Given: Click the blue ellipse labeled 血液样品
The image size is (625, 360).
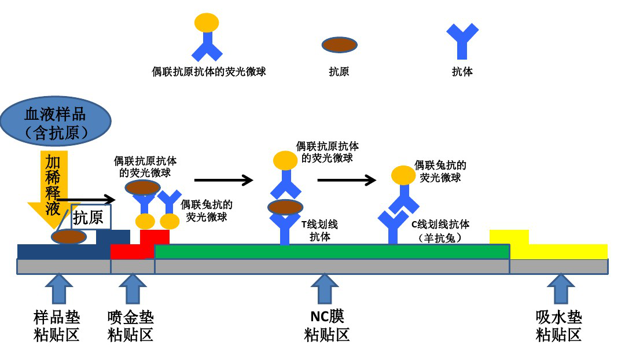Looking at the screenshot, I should click(x=56, y=122).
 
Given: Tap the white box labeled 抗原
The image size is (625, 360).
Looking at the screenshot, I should click(x=90, y=217).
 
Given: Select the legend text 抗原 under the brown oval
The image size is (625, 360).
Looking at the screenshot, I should click(x=339, y=72).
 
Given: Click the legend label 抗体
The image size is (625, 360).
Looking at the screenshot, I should click(x=462, y=72).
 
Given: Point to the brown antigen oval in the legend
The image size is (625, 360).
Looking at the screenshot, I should click(x=339, y=45).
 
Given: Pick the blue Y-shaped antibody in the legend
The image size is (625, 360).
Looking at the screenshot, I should click(x=462, y=41).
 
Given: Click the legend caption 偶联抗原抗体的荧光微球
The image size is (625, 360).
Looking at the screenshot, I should click(x=208, y=72).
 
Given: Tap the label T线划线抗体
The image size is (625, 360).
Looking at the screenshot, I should click(x=319, y=230).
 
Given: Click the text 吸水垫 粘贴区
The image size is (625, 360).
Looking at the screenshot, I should click(x=558, y=326).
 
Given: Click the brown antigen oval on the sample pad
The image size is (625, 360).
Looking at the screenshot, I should click(x=69, y=236).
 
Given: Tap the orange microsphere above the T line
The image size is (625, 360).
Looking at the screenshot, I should click(x=285, y=160).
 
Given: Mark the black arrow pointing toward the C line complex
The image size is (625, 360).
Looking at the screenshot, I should click(x=347, y=181).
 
